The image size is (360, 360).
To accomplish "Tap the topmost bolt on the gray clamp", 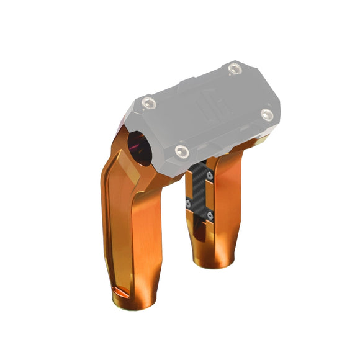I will coord(234,69).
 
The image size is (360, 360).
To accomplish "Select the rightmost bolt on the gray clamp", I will coord(267,114).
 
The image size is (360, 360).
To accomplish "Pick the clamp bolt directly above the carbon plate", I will coord(182,151).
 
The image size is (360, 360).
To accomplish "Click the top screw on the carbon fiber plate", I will coord(209,176).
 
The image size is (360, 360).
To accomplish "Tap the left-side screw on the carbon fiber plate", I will coord(188,202).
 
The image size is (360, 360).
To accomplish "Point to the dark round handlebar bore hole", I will coord(137,147).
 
